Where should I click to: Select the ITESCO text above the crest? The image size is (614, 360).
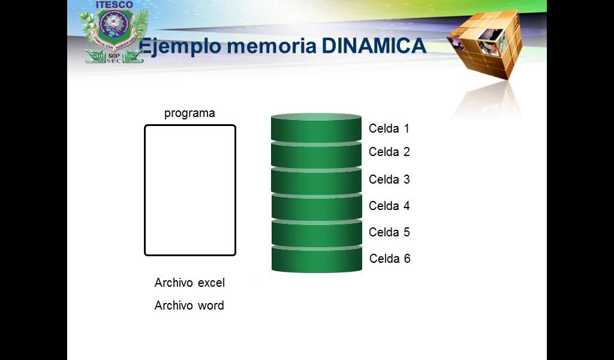113,5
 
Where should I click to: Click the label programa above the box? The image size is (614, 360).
189,113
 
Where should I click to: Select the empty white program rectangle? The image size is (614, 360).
189,190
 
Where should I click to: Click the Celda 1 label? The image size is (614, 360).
389,128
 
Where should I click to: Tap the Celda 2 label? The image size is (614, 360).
389,152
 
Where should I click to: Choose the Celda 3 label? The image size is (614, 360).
389,179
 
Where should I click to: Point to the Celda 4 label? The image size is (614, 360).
389,206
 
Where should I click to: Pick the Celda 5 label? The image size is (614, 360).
389,232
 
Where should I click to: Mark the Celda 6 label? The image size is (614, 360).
390,259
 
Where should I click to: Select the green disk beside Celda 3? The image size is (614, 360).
316,182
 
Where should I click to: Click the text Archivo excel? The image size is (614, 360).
189,283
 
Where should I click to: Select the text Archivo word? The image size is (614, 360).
189,305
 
